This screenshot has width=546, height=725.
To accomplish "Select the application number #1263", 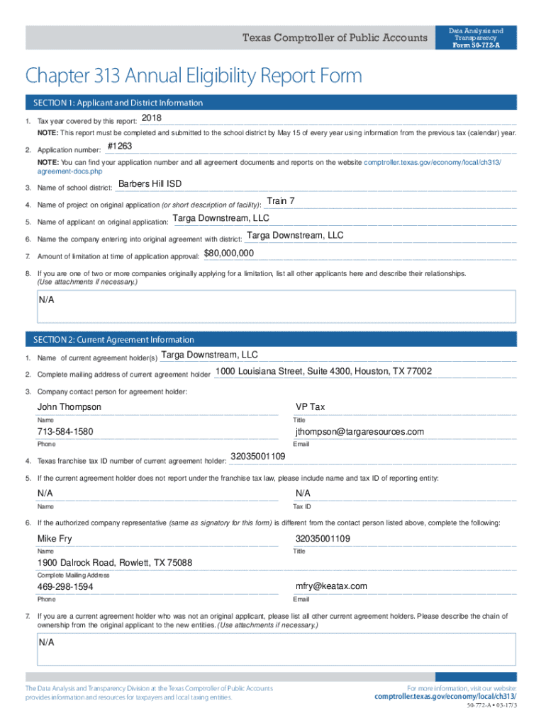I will click(x=119, y=147).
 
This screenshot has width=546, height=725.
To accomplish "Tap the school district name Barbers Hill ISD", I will click(x=150, y=184).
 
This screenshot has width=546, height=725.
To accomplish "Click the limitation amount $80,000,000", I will click(x=229, y=253).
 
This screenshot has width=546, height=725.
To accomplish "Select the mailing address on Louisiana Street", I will click(x=323, y=372).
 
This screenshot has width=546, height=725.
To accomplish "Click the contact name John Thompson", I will click(x=69, y=407).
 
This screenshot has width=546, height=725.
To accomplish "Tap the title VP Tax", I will click(x=310, y=407).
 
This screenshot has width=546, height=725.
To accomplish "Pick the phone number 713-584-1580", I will click(x=65, y=432).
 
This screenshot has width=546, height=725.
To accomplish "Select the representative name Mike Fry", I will click(x=55, y=540).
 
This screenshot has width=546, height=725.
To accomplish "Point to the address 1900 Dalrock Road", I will click(x=115, y=563).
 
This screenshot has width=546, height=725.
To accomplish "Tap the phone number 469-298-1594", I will click(x=65, y=587).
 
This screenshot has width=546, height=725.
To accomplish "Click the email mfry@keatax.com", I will click(x=331, y=586).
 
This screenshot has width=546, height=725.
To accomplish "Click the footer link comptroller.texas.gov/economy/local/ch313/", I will click(x=445, y=697).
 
